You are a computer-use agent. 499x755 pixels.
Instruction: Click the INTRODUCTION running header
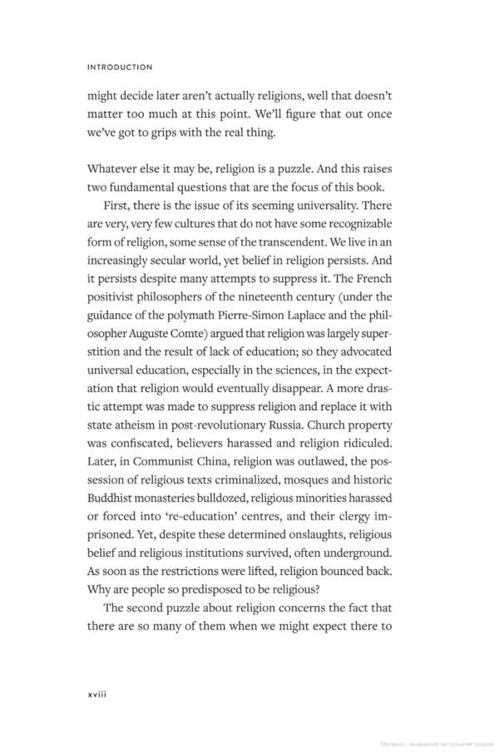pos(120,67)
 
